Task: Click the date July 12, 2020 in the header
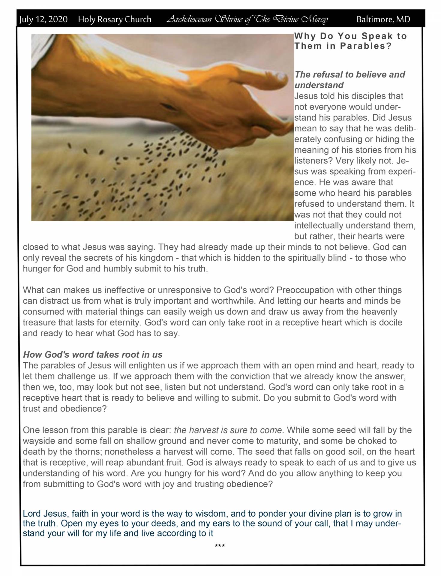click(x=43, y=20)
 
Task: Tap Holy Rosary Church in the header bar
click(x=115, y=20)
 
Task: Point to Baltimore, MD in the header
click(x=383, y=20)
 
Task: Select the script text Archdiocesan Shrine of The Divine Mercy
click(x=247, y=20)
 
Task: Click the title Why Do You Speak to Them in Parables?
click(x=350, y=41)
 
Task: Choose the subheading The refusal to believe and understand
click(x=349, y=80)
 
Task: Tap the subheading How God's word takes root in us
click(x=93, y=355)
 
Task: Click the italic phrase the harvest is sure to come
click(x=228, y=430)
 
